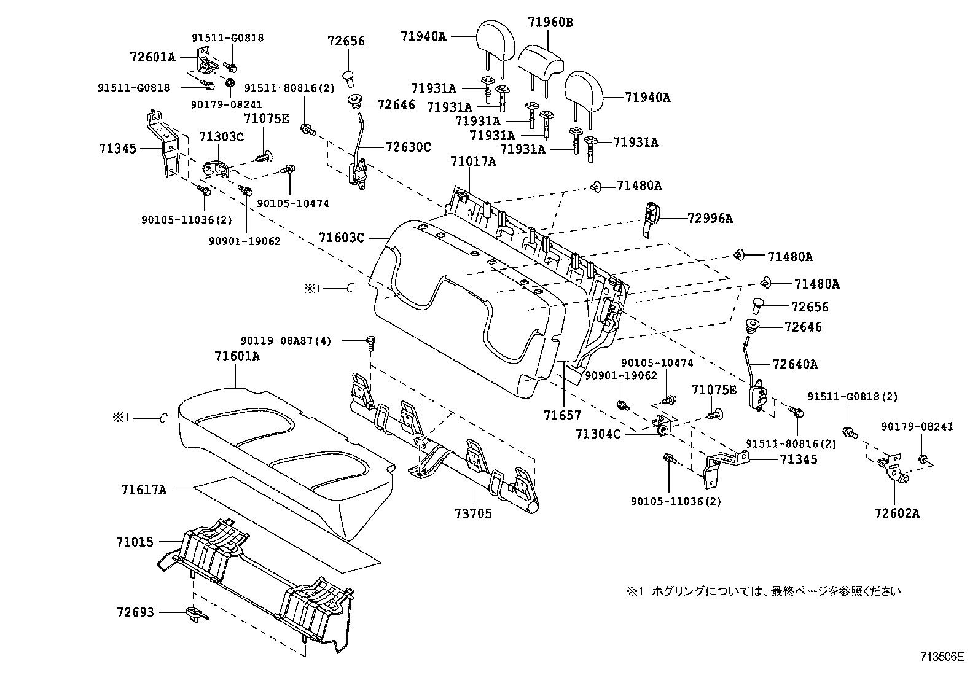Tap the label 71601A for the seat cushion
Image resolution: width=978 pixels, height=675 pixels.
(237, 356)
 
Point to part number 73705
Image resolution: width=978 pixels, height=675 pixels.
(473, 513)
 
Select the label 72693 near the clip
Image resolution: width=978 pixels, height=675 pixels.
(135, 612)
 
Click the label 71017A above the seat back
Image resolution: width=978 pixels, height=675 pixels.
(472, 162)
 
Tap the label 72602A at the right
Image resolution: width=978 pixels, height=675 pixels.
(898, 513)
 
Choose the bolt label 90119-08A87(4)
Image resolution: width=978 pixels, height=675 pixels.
(286, 341)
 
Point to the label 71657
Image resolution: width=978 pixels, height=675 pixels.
(561, 415)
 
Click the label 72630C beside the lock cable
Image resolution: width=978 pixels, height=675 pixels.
(408, 147)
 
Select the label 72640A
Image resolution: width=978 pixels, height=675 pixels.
(795, 364)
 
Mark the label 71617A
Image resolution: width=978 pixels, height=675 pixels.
(144, 490)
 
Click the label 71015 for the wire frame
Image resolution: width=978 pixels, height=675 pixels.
(135, 542)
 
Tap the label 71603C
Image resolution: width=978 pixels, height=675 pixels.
(342, 237)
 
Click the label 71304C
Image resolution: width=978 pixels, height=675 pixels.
(598, 434)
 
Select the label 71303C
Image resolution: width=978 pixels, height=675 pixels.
(221, 136)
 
